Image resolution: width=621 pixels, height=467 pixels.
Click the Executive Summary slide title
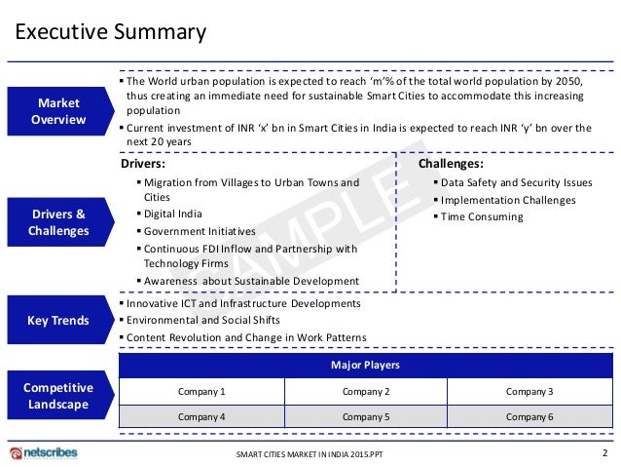(109, 32)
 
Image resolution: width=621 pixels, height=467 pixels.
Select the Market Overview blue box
(59, 111)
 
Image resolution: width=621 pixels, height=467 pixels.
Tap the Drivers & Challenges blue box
(59, 222)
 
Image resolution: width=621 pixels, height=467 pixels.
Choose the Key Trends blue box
(59, 320)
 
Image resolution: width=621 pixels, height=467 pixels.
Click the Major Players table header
(367, 365)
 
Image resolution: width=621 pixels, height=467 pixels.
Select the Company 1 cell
(201, 391)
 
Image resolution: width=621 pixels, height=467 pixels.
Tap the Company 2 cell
(366, 391)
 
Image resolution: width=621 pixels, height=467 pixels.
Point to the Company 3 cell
(530, 391)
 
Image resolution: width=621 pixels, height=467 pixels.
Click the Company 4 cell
(201, 416)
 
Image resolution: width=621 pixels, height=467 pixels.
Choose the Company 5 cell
(366, 416)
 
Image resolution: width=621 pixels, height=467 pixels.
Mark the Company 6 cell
(530, 416)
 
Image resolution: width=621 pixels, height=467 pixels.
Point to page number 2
(604, 452)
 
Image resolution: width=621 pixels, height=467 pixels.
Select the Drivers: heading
(142, 164)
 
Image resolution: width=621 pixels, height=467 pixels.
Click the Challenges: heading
(451, 164)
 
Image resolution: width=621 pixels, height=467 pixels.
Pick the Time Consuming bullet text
(482, 216)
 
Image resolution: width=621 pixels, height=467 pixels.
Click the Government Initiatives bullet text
(200, 231)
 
